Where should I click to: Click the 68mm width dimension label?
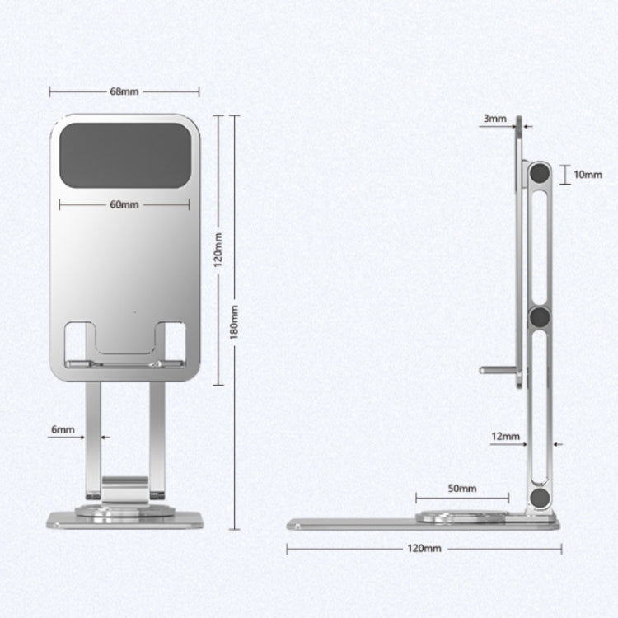(124, 91)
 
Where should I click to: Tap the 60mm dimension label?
(124, 204)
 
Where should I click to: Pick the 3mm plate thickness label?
(494, 119)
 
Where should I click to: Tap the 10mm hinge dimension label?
(588, 175)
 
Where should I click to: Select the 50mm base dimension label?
(463, 489)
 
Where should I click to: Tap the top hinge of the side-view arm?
(541, 174)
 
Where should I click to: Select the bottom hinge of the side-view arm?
(541, 498)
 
